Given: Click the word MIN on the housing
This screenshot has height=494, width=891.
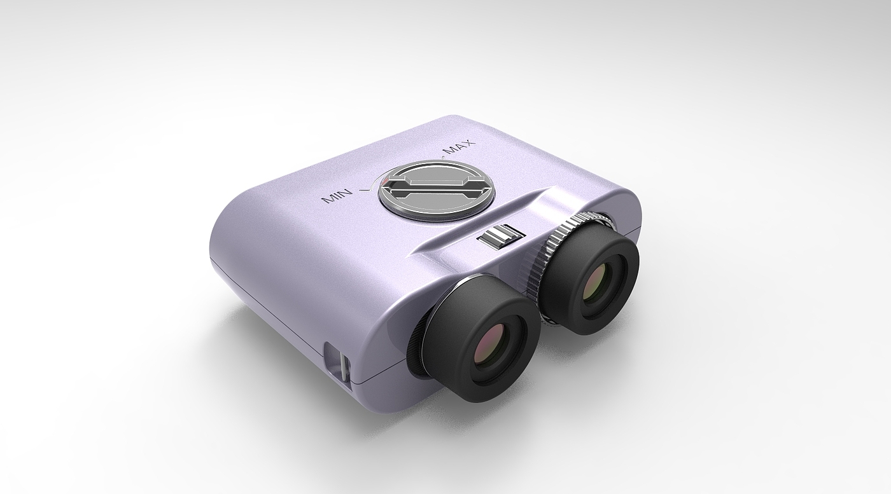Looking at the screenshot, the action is point(337,196).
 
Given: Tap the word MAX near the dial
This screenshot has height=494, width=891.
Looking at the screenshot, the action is point(460,147).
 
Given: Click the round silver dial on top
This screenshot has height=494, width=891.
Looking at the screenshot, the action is point(436,189).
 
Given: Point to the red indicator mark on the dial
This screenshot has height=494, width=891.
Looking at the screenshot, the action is point(386,181).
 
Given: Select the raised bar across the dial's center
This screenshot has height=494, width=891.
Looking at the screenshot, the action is point(436,187).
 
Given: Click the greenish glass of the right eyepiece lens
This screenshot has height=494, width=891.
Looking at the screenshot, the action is point(598,283).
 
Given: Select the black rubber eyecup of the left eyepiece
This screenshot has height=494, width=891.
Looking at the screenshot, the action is point(481,338).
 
